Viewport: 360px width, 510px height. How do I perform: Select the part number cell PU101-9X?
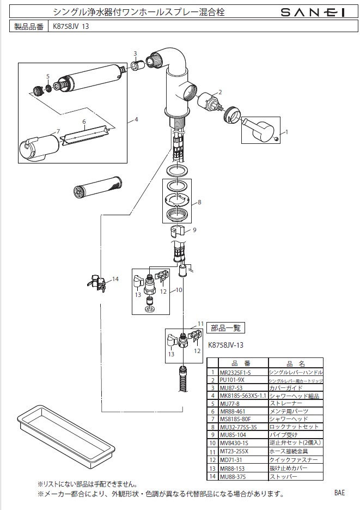coord(231,379)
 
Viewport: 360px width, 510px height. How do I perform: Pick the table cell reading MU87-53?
coord(230,387)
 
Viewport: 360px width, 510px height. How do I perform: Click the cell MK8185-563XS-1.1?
coord(242,396)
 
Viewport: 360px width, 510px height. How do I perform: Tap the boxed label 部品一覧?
coord(227,328)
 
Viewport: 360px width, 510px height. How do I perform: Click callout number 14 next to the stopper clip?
coord(115,279)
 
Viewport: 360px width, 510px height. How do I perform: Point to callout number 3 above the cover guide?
coord(135,53)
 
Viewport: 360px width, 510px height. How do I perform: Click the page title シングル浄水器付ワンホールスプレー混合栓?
coord(138,11)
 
